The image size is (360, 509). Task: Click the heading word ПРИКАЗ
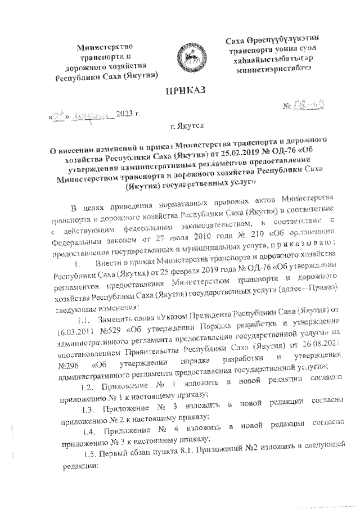[186, 92]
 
